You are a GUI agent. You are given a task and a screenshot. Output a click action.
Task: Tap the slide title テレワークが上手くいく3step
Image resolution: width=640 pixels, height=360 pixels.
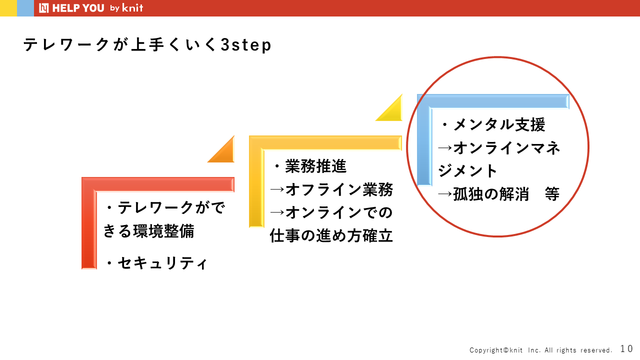pos(147,45)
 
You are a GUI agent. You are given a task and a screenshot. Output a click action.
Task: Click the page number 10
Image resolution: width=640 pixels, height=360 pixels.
pos(626,348)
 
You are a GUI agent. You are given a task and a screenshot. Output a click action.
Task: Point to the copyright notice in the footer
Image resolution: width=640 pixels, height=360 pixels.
pos(540,350)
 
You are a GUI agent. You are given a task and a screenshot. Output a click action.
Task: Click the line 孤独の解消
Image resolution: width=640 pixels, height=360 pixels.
pos(491,194)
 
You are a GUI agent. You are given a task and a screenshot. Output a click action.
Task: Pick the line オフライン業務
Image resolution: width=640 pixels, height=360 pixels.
pos(338,189)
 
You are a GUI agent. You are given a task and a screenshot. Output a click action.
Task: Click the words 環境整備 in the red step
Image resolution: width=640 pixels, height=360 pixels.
pos(163,231)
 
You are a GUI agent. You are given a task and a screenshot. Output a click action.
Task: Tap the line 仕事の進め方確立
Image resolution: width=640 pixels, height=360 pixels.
pos(331,235)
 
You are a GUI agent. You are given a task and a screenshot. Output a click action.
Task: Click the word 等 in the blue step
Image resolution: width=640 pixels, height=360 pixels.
pos(552,194)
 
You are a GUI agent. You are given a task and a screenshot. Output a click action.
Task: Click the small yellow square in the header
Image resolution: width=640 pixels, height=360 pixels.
pos(8,8)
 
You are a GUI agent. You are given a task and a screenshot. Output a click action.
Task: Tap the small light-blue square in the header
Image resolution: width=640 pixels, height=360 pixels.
pos(25,8)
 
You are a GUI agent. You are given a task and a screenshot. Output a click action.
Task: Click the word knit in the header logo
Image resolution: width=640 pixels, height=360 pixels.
pos(132,8)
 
